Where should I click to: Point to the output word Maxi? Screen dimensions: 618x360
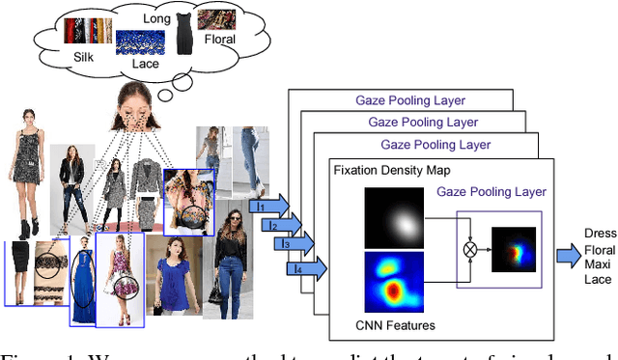tap(599, 264)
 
